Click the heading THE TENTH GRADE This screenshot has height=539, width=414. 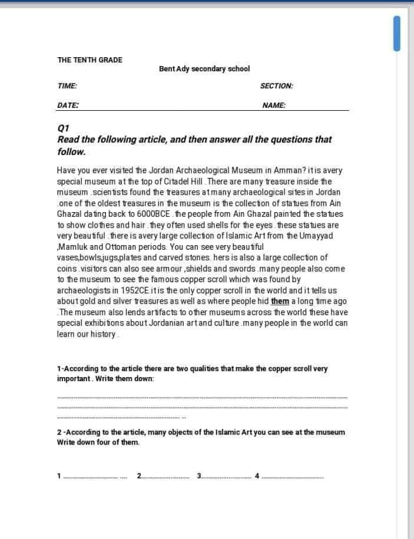(x=90, y=59)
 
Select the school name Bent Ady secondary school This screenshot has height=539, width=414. (x=204, y=69)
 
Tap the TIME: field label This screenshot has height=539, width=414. (x=67, y=86)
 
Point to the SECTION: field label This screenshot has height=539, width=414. (x=276, y=86)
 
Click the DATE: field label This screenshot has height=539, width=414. (x=68, y=105)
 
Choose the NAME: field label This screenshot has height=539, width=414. (x=274, y=105)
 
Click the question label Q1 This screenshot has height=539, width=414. (x=64, y=128)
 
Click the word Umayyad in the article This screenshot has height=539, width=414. (x=317, y=236)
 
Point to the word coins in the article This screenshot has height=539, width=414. (x=68, y=269)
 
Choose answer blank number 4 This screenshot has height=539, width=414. (x=292, y=476)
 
